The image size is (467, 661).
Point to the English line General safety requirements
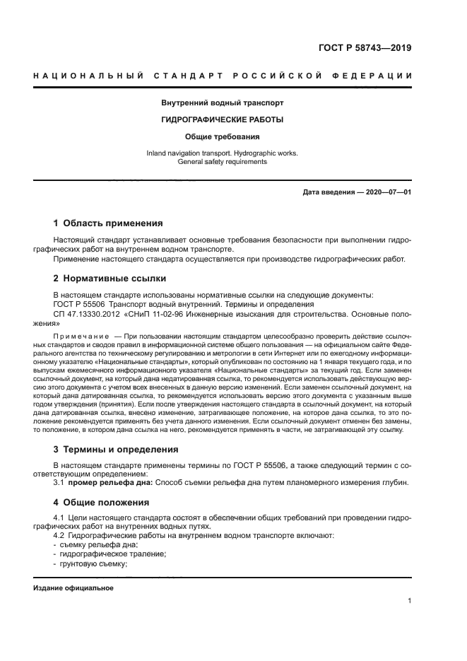click(222, 162)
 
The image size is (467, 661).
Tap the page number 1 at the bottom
click(409, 601)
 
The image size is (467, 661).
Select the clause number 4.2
click(61, 535)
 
